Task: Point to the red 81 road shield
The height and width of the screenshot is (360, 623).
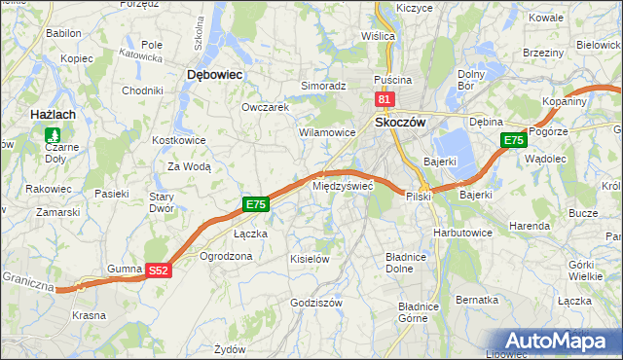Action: [x=384, y=99]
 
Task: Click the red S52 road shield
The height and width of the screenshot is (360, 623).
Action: [x=160, y=272]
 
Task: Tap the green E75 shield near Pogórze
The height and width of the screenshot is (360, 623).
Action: [x=514, y=141]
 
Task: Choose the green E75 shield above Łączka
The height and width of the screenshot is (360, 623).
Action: [x=255, y=204]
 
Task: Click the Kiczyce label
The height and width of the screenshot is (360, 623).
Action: [x=414, y=8]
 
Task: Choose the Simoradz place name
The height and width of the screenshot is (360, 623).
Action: [x=323, y=86]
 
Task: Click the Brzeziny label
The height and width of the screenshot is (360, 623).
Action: [x=543, y=53]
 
